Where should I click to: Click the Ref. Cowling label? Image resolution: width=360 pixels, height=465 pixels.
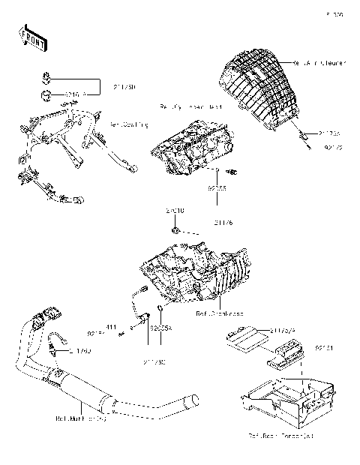pyautogui.click(x=129, y=124)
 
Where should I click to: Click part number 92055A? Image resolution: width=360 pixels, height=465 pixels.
pyautogui.click(x=161, y=328)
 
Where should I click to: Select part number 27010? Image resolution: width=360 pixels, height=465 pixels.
pyautogui.click(x=175, y=212)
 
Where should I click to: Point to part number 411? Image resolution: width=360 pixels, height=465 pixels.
pyautogui.click(x=109, y=327)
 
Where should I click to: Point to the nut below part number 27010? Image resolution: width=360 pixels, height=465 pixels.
pyautogui.click(x=174, y=229)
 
